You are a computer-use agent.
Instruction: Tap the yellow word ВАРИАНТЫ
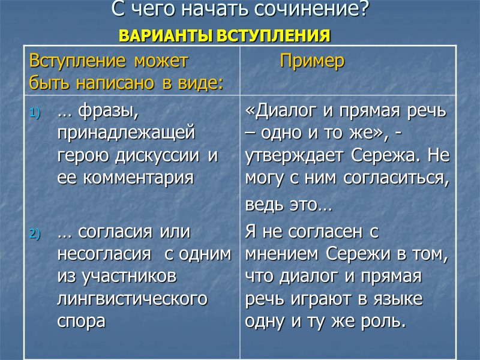tap(158, 35)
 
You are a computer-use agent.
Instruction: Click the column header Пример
tap(312, 61)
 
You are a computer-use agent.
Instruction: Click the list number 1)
tap(34, 112)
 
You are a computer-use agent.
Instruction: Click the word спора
tap(81, 320)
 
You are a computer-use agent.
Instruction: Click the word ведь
tap(263, 206)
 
